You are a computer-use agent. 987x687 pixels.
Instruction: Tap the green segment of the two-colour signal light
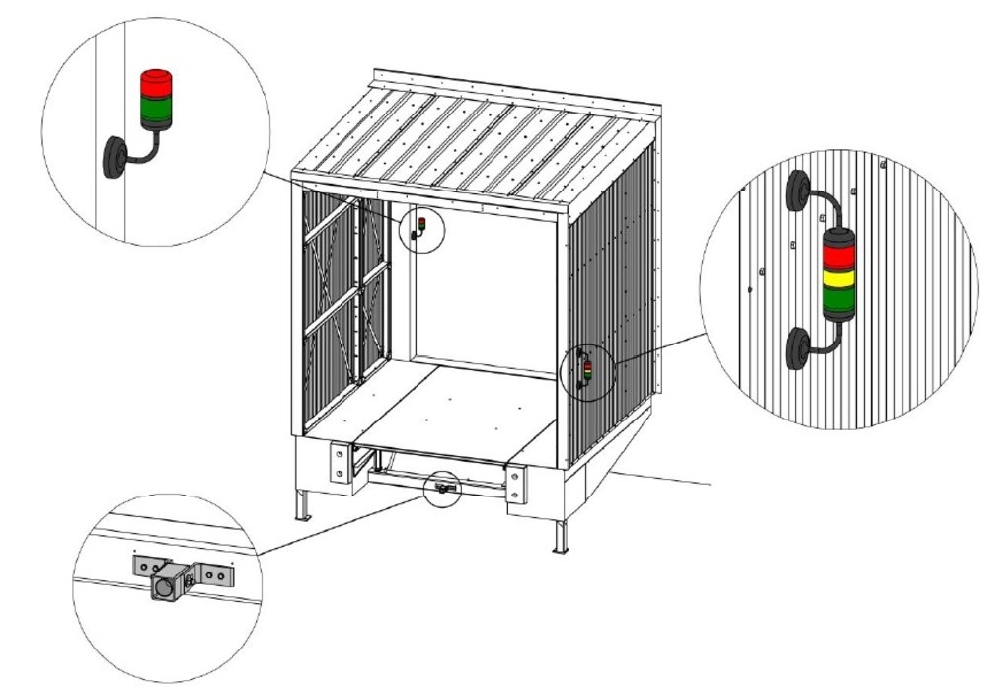point(155,114)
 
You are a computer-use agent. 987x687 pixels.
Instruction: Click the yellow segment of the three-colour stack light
point(837,276)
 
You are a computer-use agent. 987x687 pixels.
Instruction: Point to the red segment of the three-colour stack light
point(837,254)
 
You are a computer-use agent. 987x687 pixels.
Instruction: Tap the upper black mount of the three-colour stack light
point(799,192)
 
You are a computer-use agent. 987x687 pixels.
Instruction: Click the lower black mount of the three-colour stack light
point(798,350)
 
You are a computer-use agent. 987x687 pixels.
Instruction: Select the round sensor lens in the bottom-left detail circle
point(161,589)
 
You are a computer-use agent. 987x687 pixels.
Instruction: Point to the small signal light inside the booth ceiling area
point(420,226)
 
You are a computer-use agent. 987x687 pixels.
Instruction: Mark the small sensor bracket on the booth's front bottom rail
point(443,488)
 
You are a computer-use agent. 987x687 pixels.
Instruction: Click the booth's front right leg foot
point(561,545)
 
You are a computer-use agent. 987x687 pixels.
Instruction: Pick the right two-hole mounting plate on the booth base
point(512,484)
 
